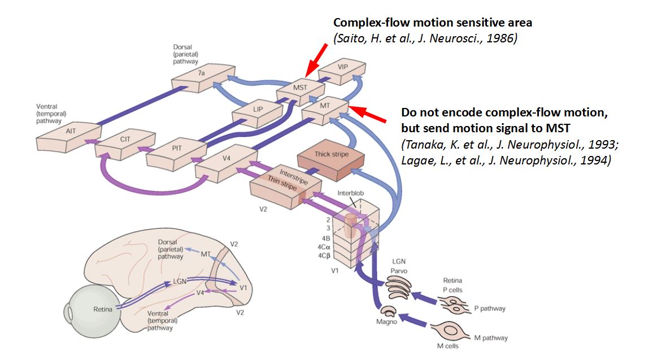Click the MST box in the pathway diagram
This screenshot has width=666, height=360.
[299, 89]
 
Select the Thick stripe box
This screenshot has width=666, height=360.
[331, 155]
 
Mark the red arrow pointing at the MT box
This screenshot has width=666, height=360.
[367, 114]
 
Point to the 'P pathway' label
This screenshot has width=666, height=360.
[489, 309]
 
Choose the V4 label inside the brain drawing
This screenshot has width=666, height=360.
[199, 292]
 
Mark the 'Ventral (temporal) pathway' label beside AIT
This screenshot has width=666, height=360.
[50, 114]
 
